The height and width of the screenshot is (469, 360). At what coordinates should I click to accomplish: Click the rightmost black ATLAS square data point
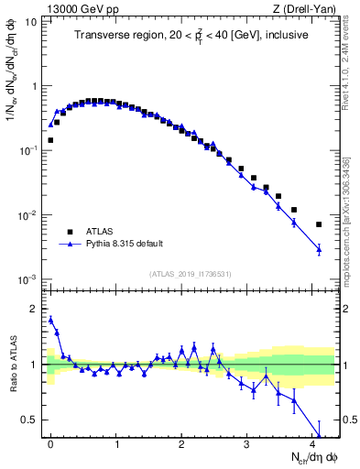pyautogui.click(x=319, y=224)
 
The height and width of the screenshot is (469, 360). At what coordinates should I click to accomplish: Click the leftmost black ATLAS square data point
pyautogui.click(x=50, y=140)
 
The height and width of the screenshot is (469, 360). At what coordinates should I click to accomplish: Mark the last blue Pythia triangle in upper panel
pyautogui.click(x=319, y=249)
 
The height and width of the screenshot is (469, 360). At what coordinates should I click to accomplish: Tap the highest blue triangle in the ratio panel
pyautogui.click(x=50, y=320)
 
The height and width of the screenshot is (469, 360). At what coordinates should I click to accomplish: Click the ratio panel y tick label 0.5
pyautogui.click(x=35, y=420)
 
